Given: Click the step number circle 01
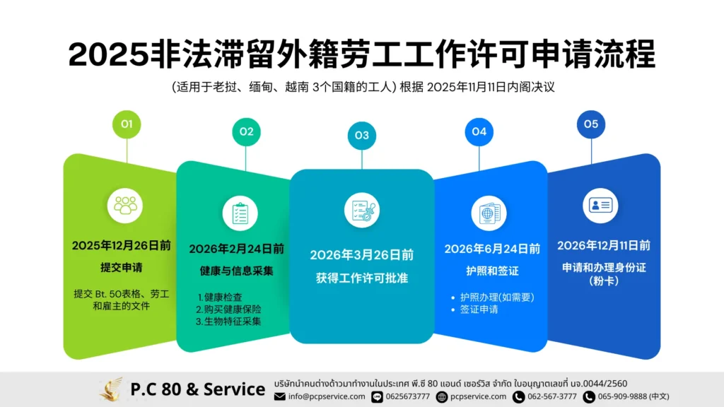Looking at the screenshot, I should coord(127,124).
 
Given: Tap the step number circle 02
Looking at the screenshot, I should coord(246,131).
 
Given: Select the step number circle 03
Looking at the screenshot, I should coord(361,135).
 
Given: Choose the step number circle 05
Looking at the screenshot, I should coord(591,124).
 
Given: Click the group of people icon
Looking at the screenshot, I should coord(127,205).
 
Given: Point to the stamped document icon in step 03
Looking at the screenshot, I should coord(361,210).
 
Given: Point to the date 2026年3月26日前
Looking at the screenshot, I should coord(362,254).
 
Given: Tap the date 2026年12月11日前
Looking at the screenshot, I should coord(604,245).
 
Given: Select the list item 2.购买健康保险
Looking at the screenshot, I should coord(228,309).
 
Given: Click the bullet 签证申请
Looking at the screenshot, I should coord(479,309).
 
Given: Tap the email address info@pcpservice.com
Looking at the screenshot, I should coord(327,396).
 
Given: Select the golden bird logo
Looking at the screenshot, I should coord(111,389).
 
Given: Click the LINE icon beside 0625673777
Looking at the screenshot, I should coord(377,396).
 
